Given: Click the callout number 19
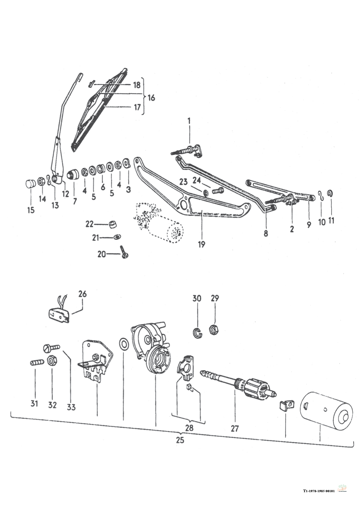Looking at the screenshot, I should click(x=201, y=245).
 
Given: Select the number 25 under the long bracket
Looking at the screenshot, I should click(x=180, y=440).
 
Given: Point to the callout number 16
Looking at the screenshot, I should click(x=151, y=98).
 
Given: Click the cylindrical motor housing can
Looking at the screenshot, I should click(x=326, y=407).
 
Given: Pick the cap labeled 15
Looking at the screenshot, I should click(x=29, y=183).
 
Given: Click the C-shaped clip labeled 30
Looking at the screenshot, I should click(x=198, y=333).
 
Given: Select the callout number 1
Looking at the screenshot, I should click(x=189, y=120).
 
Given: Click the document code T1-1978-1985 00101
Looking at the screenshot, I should click(x=319, y=490).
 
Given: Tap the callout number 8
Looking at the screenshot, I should click(x=266, y=233).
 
